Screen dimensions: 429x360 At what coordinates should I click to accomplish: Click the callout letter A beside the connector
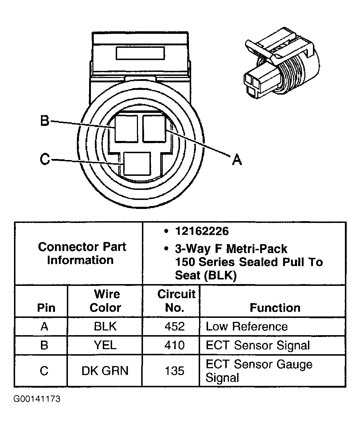tap(236, 159)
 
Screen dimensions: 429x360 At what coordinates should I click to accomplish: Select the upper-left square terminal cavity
tap(126, 129)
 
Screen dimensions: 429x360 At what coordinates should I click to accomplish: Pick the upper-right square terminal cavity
tap(154, 129)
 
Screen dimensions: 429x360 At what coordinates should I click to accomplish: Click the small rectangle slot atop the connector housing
tap(140, 53)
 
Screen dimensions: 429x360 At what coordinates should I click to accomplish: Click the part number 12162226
tap(202, 231)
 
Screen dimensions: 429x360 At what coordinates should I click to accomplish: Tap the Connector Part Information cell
tap(82, 253)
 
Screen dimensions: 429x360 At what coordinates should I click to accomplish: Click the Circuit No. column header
tap(176, 301)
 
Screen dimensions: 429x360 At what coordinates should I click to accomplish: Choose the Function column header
tap(275, 308)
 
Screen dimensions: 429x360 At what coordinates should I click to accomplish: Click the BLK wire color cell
tap(105, 327)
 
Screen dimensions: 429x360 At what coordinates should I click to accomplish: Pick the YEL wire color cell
tap(105, 346)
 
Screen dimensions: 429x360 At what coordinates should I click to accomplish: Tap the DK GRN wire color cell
tap(105, 371)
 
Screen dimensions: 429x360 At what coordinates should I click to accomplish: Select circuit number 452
tap(174, 327)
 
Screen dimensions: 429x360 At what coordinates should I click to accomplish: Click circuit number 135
tap(174, 371)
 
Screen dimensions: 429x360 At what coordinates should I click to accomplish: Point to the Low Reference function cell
tap(246, 327)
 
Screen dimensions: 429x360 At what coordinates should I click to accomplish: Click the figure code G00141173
tap(37, 399)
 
